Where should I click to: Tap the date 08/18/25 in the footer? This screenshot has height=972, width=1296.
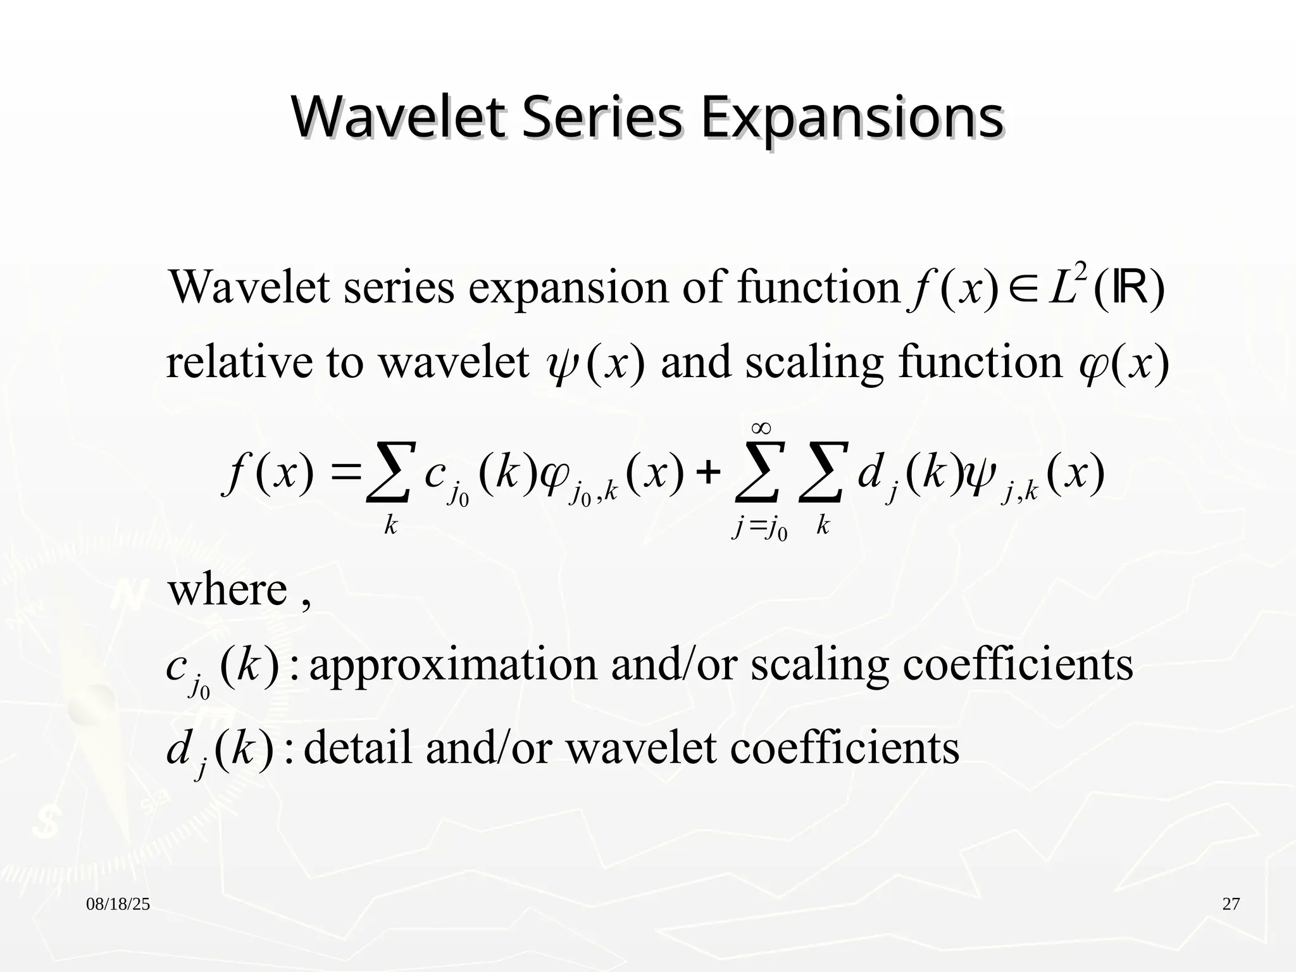pyautogui.click(x=118, y=904)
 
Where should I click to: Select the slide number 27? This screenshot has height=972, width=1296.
pyautogui.click(x=1231, y=904)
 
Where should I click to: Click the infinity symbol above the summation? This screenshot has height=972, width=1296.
pyautogui.click(x=761, y=429)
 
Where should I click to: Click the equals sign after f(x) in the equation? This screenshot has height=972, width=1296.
pyautogui.click(x=345, y=473)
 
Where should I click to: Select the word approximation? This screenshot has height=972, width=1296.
pyautogui.click(x=453, y=666)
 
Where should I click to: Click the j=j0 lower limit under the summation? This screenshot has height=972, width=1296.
pyautogui.click(x=759, y=528)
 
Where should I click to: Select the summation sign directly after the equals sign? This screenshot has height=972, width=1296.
pyautogui.click(x=391, y=473)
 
